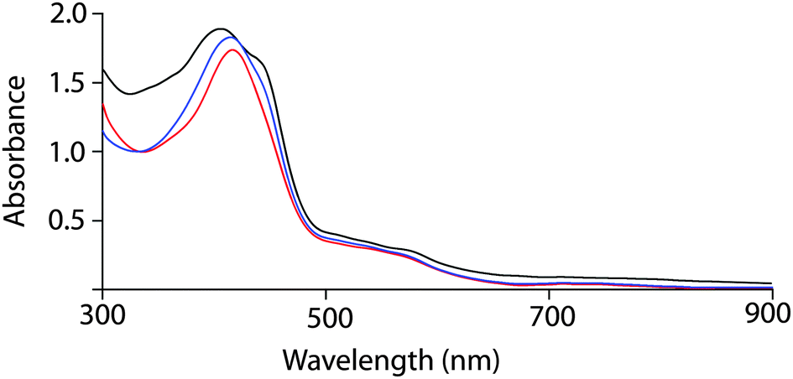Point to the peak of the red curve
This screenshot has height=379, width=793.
click(x=233, y=50)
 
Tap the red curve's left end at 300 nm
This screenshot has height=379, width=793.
click(x=102, y=104)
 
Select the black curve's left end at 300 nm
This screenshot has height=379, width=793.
click(x=102, y=69)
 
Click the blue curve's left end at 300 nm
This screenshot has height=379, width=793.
click(x=102, y=132)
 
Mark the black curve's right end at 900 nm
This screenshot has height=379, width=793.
click(x=771, y=283)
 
